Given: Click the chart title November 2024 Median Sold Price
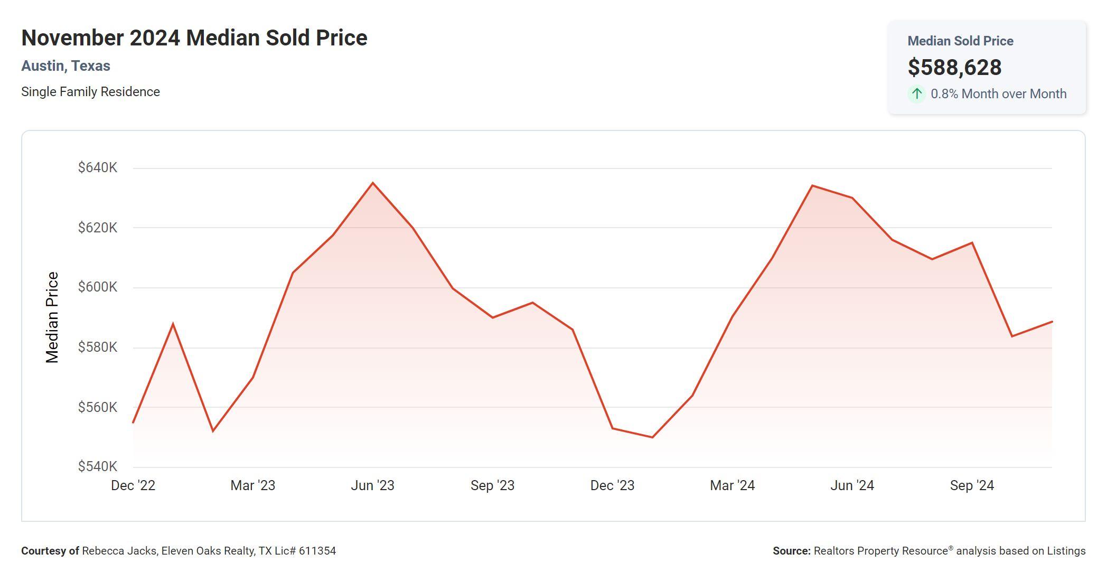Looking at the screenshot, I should (x=194, y=38).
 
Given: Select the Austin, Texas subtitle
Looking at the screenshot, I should (x=65, y=66).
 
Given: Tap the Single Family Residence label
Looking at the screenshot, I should (x=90, y=92).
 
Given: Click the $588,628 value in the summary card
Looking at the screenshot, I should (x=954, y=67).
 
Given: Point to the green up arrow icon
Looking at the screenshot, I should (x=917, y=94).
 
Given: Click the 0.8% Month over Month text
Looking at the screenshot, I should (x=998, y=94).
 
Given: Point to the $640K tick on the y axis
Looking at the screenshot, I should (x=98, y=167).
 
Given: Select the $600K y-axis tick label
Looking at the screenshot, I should (x=98, y=287).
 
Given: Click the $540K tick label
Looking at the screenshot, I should (x=98, y=466).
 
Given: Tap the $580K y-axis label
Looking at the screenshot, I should (x=98, y=347).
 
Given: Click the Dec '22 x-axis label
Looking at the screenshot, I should (x=133, y=485).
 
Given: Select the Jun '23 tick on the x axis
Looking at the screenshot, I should (x=372, y=485).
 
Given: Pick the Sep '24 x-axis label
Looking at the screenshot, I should (x=972, y=485).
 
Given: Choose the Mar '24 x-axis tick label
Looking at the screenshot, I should (x=732, y=485).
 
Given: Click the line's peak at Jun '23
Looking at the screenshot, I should (x=373, y=183).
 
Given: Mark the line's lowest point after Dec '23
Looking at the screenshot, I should (x=653, y=437).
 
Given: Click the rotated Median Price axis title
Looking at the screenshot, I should (x=52, y=317).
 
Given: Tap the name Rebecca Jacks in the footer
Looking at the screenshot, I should (x=119, y=551).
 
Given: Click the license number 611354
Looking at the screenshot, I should (x=317, y=551).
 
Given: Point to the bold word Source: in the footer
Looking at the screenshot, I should (x=791, y=551).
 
